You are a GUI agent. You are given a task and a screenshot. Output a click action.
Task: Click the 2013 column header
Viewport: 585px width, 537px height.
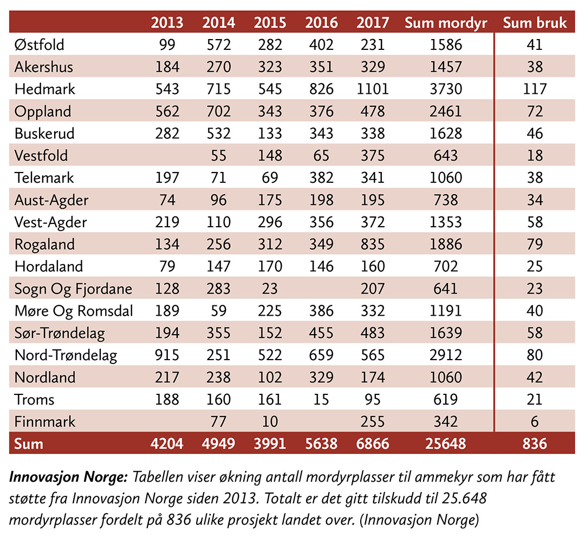(x=167, y=23)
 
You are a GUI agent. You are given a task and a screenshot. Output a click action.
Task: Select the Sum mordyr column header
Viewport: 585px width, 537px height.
(x=446, y=23)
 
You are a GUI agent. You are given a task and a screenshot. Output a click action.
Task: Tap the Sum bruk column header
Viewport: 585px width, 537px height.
(x=535, y=23)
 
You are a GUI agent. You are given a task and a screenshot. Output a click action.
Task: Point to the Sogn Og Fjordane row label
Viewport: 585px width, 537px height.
(x=73, y=289)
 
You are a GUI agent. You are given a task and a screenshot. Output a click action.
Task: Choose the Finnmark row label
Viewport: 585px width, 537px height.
(x=45, y=421)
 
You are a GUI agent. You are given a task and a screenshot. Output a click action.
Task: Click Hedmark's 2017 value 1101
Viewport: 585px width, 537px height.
(x=373, y=89)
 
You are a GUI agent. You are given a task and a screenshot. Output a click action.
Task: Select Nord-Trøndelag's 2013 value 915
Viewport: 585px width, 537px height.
(x=167, y=355)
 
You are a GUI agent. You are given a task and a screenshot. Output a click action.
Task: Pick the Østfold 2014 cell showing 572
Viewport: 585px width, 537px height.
(x=218, y=44)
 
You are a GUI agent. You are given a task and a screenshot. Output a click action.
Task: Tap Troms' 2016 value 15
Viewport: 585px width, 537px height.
(x=321, y=400)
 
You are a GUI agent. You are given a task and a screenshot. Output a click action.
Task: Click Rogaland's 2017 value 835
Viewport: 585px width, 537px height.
(x=373, y=245)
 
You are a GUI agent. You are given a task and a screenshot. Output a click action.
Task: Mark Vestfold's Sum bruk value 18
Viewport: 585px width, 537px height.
(x=535, y=156)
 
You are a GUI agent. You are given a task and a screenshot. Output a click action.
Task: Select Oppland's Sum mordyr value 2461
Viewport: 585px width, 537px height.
(x=446, y=111)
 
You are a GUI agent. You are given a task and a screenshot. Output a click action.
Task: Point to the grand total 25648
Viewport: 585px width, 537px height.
(x=446, y=444)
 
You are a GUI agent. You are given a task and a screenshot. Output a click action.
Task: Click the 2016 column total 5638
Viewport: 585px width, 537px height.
(x=321, y=444)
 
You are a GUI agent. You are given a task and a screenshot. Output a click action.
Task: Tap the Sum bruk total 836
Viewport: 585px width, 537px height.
(x=535, y=444)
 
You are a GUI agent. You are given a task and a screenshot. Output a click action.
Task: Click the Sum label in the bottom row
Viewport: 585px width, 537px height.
(x=29, y=444)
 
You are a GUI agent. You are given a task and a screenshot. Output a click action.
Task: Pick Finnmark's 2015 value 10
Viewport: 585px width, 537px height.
(x=270, y=421)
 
